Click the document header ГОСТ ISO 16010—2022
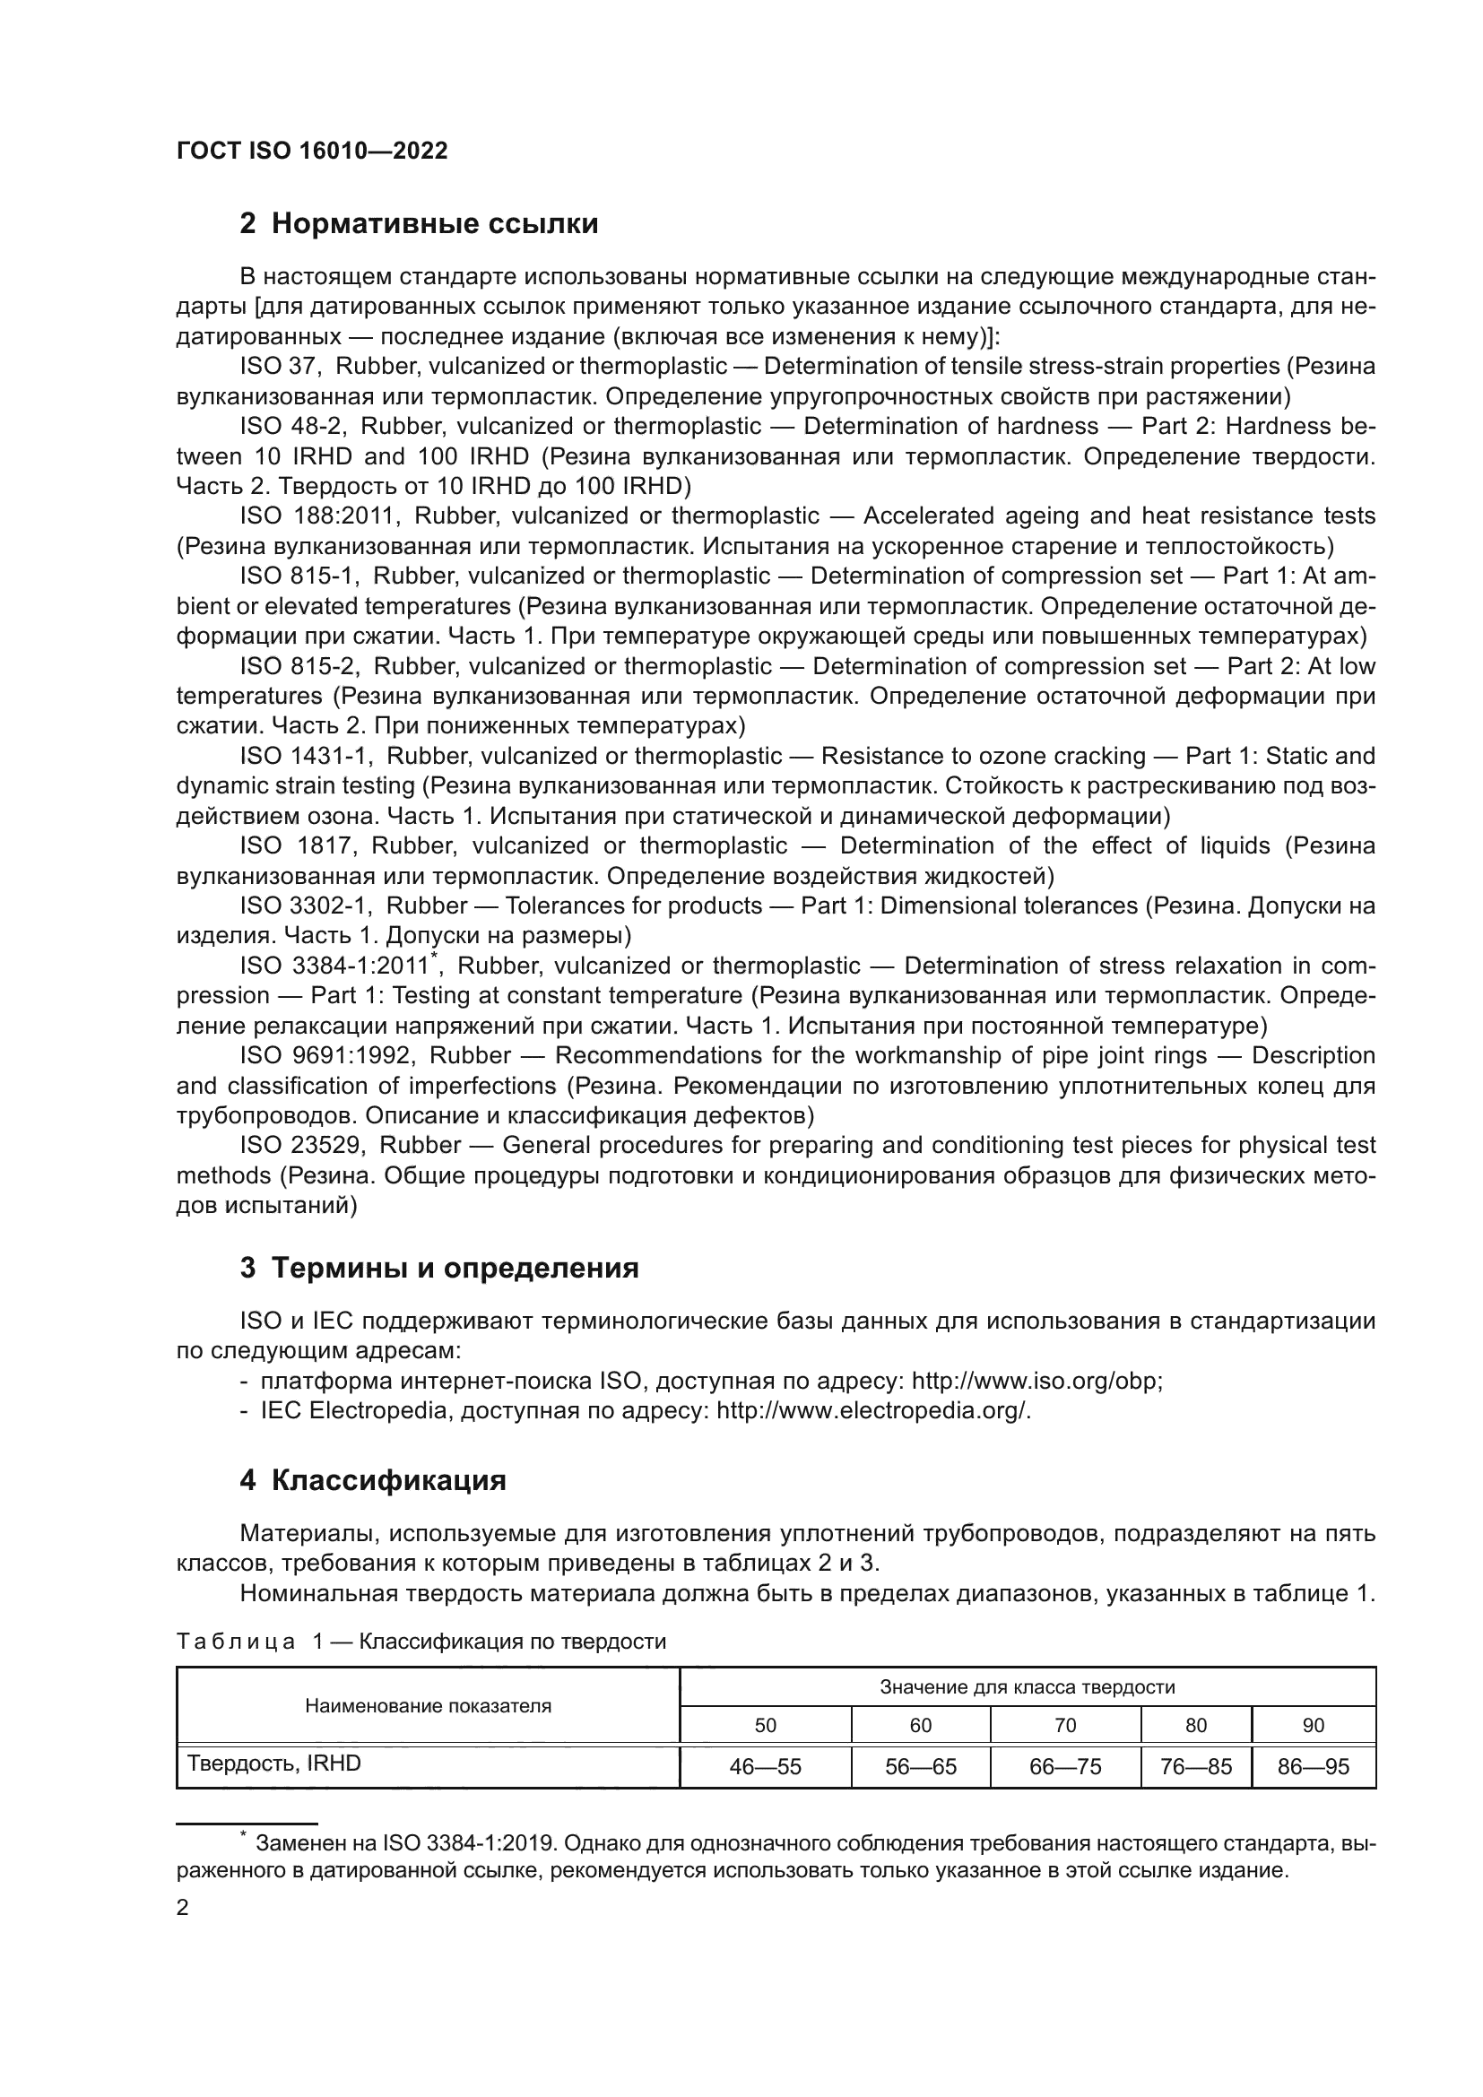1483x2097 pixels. (x=311, y=152)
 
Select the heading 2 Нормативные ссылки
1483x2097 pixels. (x=419, y=224)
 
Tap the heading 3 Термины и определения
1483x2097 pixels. (x=439, y=1268)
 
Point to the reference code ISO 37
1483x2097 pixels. (x=277, y=367)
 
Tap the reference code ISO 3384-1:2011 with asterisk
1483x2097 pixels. (x=338, y=966)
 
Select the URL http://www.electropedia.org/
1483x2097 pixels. (x=872, y=1411)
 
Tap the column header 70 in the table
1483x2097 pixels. (x=1065, y=1725)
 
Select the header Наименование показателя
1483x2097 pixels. (x=428, y=1705)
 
